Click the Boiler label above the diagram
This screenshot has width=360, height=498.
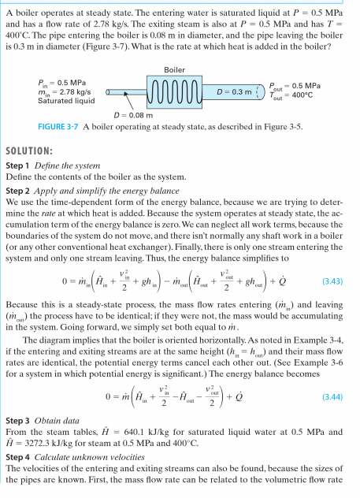pyautogui.click(x=174, y=70)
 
